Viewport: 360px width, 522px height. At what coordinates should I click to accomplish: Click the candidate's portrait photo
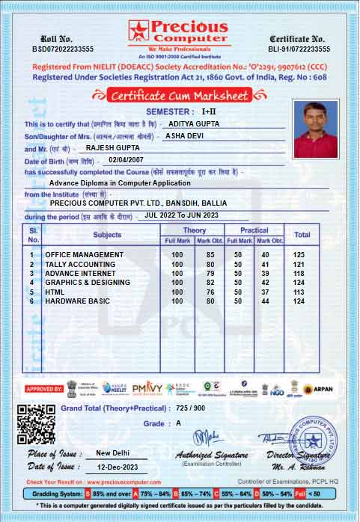click(315, 124)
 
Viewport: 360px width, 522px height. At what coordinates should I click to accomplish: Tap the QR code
click(36, 424)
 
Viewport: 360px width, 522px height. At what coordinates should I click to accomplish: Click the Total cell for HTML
click(301, 292)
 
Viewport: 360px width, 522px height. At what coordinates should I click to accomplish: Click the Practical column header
click(255, 230)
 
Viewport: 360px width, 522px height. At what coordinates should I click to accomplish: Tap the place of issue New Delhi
click(113, 454)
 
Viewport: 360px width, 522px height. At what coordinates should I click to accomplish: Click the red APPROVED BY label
click(44, 389)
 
